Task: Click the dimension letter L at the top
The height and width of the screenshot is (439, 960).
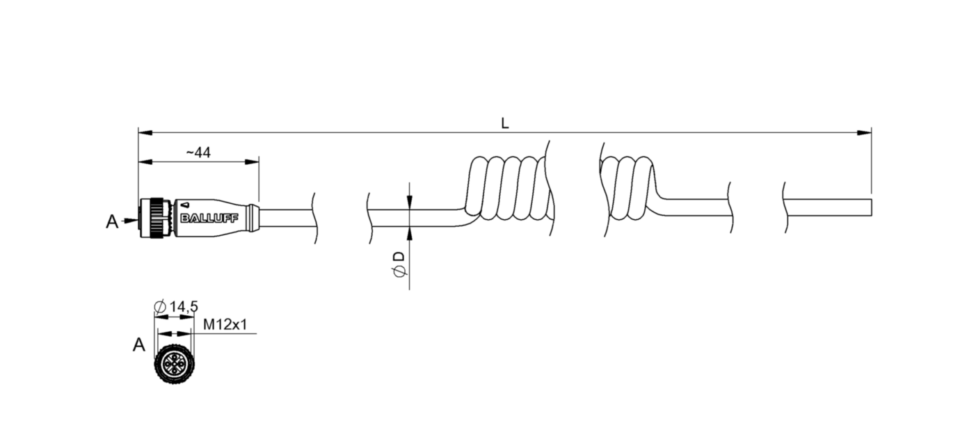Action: pyautogui.click(x=505, y=123)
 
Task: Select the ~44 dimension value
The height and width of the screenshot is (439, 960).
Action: pyautogui.click(x=198, y=152)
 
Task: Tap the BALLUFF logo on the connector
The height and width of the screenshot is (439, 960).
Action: pyautogui.click(x=209, y=218)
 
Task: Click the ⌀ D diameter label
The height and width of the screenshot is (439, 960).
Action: pyautogui.click(x=399, y=264)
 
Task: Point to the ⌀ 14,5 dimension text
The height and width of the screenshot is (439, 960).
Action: pyautogui.click(x=176, y=307)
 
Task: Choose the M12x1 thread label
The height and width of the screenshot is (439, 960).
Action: pyautogui.click(x=225, y=324)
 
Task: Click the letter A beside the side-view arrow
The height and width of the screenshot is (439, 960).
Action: pyautogui.click(x=112, y=222)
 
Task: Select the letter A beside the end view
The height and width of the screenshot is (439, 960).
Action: pyautogui.click(x=139, y=344)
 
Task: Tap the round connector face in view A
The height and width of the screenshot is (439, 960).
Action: pyautogui.click(x=174, y=365)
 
